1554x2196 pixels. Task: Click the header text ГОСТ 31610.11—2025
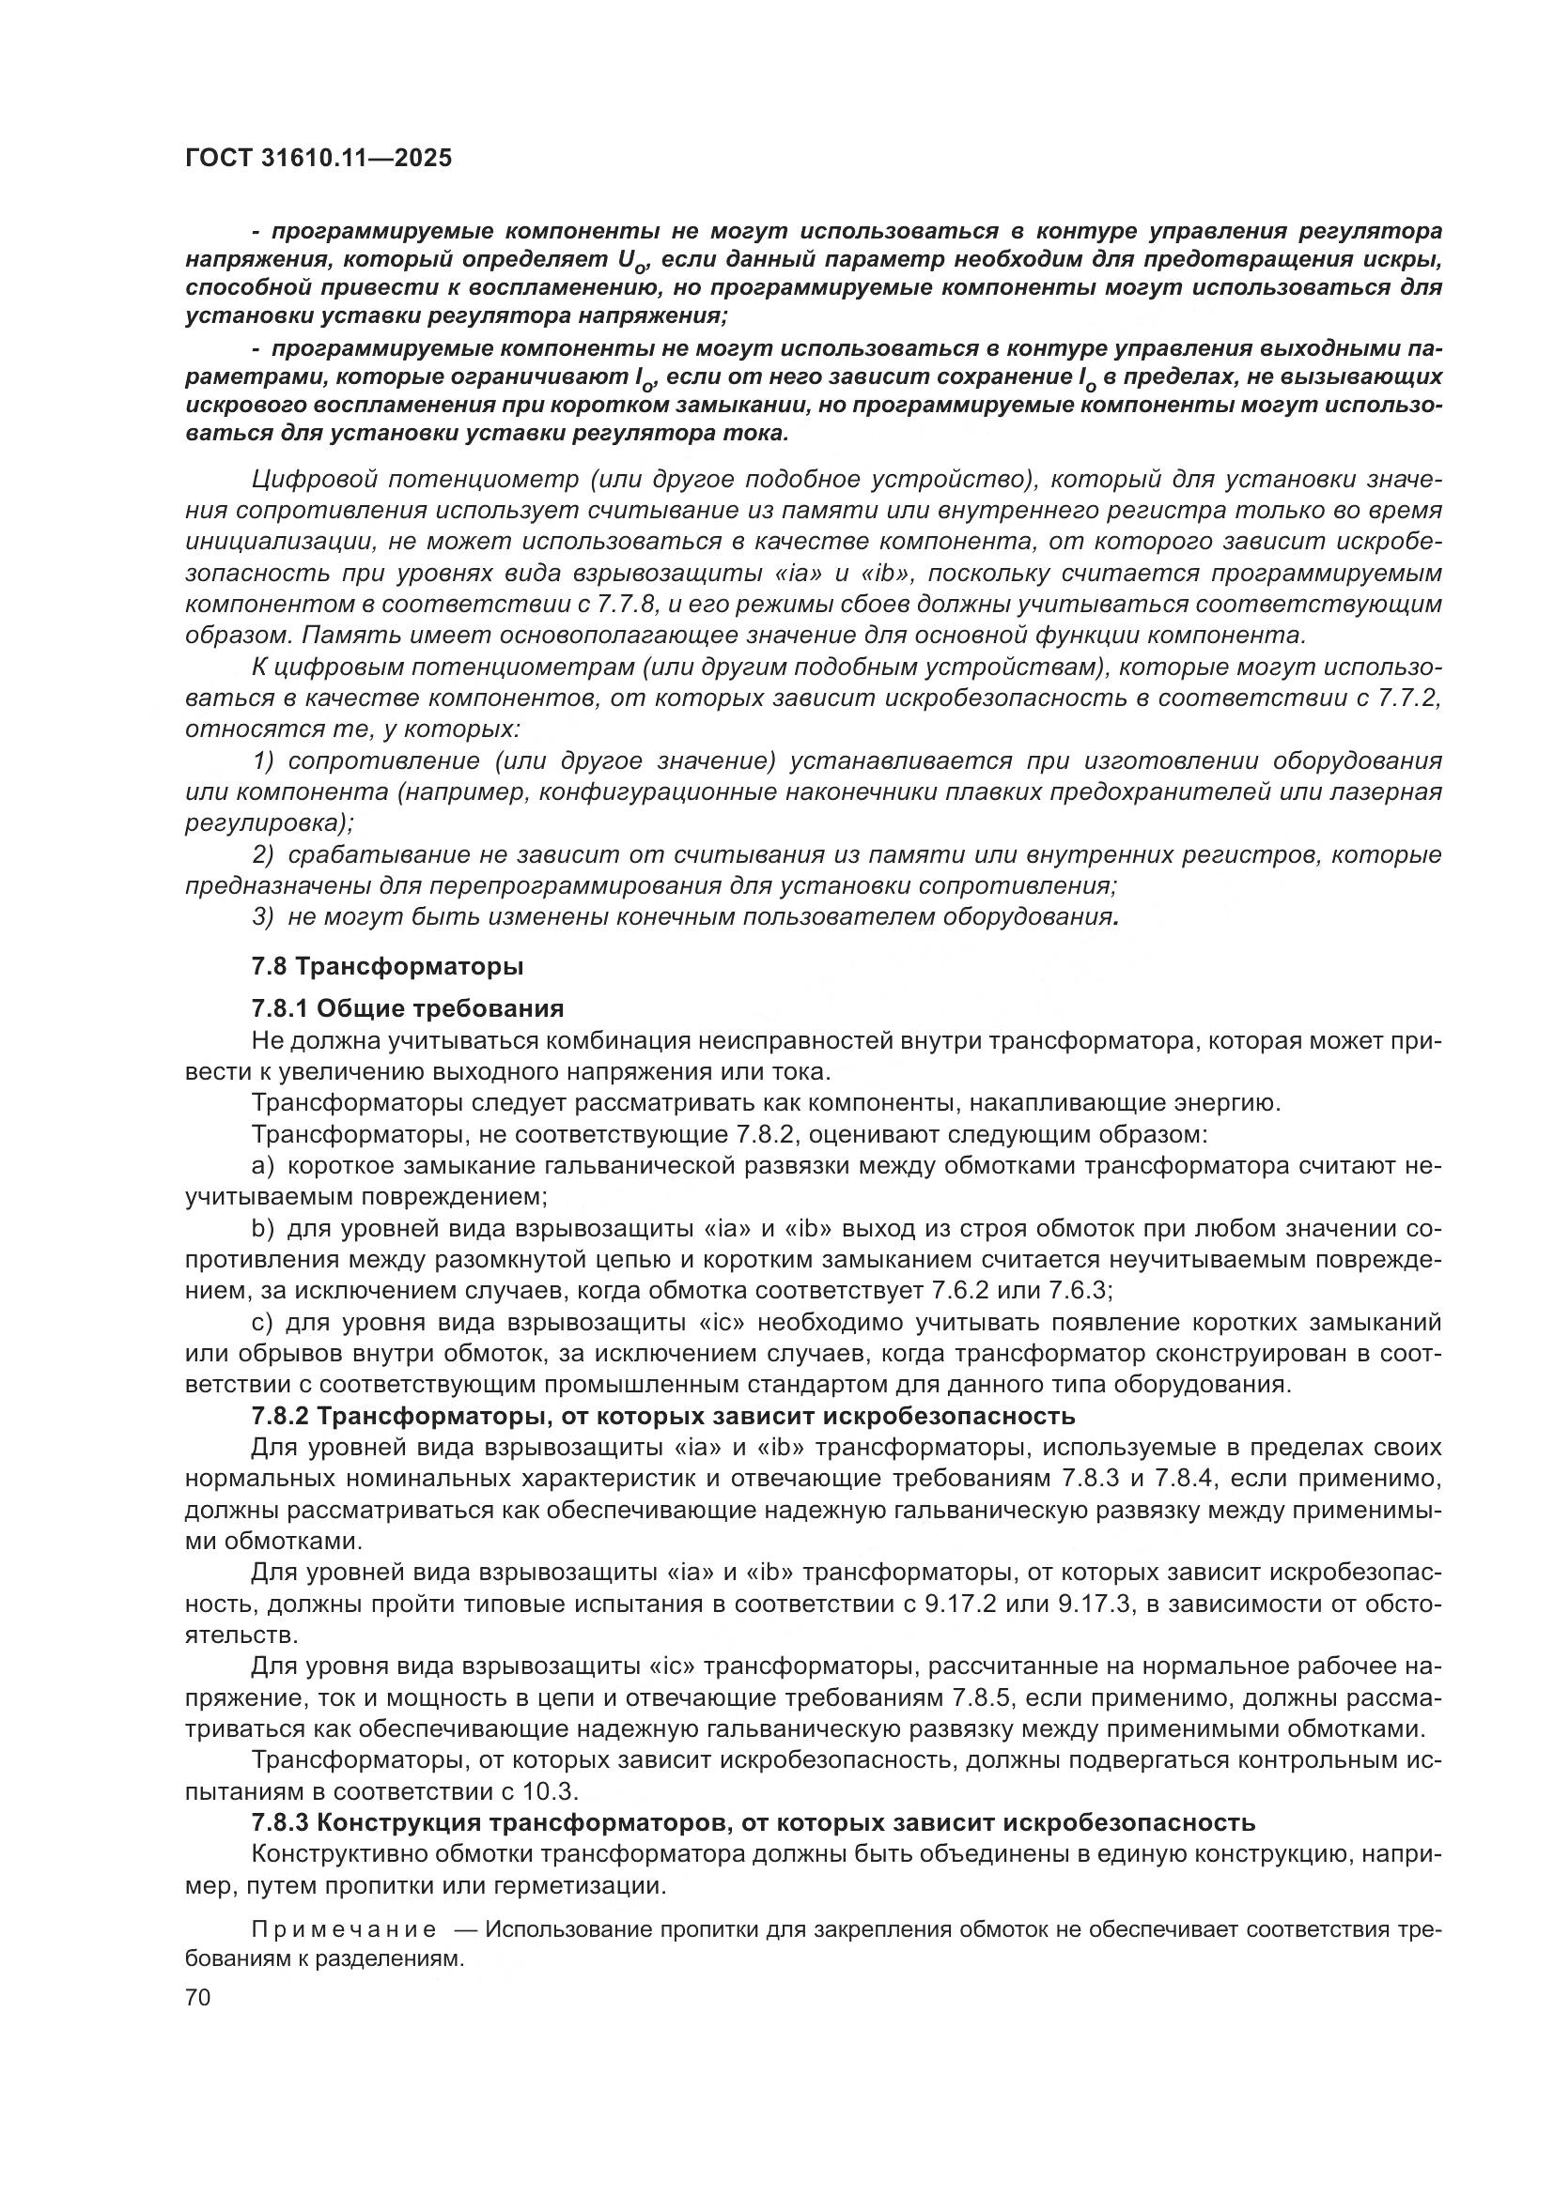[x=318, y=159]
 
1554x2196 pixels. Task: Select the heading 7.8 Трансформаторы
[x=387, y=966]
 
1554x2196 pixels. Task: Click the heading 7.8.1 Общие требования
[x=408, y=1008]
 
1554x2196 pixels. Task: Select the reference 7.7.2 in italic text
[x=1407, y=699]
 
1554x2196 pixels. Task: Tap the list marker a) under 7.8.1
[x=263, y=1166]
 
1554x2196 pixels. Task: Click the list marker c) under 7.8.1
[x=262, y=1323]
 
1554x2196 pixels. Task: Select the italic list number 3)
[x=264, y=917]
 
